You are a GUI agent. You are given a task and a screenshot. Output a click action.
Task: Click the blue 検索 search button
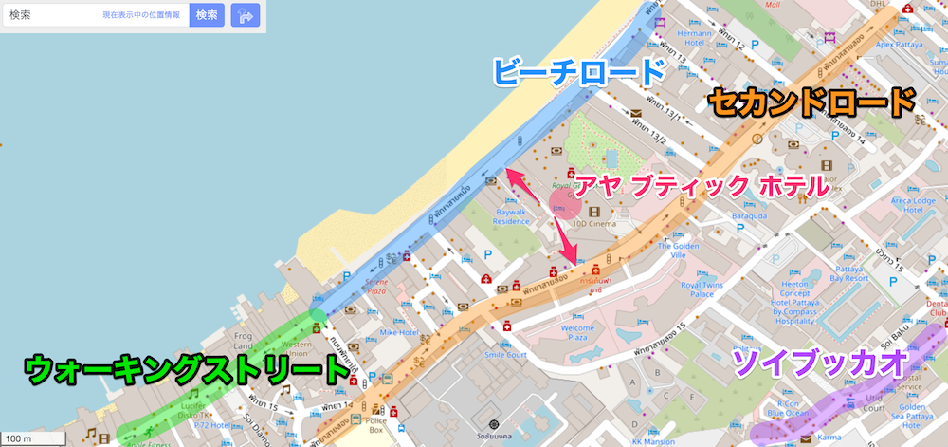[x=207, y=15]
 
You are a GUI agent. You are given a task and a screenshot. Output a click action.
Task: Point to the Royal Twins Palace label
[x=702, y=289]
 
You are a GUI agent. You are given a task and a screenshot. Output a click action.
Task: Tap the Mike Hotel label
[x=399, y=332]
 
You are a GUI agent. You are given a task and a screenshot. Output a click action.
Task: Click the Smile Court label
[x=504, y=355]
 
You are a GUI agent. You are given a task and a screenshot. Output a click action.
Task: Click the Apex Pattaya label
[x=900, y=44]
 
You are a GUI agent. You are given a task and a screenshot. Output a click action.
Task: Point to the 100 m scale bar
[x=32, y=438]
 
